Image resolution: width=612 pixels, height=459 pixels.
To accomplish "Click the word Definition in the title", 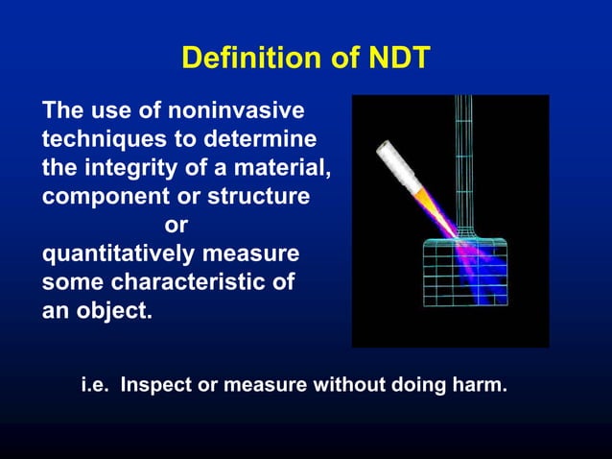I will pos(241,60).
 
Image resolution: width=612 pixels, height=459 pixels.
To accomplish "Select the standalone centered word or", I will pos(176,227).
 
